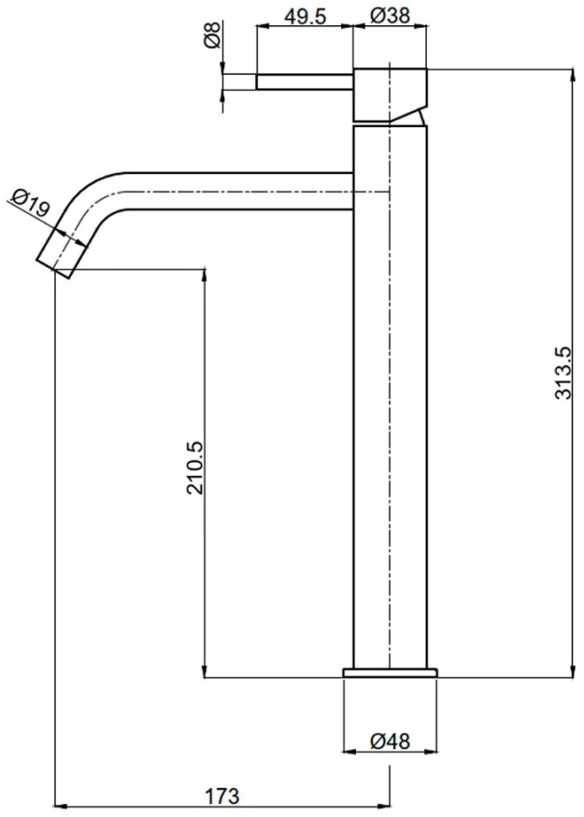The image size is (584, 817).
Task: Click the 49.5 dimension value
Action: [x=305, y=16]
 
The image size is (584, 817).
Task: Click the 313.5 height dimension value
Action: [x=563, y=373]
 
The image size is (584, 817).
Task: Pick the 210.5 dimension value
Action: [x=195, y=468]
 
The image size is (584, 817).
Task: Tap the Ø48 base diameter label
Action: [x=391, y=740]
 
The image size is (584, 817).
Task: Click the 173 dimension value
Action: [x=222, y=795]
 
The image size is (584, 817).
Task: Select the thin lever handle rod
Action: [x=305, y=82]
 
